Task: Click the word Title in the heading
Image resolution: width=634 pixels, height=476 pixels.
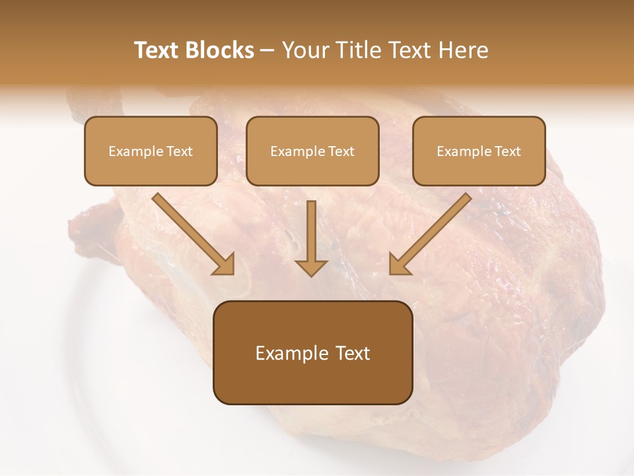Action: tap(357, 50)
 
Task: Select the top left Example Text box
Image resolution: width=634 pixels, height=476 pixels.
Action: tap(151, 151)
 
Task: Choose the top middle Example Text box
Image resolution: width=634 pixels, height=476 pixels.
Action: tap(312, 151)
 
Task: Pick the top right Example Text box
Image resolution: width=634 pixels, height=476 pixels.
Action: tap(479, 151)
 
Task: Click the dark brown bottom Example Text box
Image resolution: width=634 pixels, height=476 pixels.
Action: tap(312, 352)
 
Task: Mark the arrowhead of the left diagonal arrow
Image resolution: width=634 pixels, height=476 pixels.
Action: tap(225, 264)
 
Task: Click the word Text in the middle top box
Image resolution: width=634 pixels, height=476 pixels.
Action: tap(341, 151)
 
